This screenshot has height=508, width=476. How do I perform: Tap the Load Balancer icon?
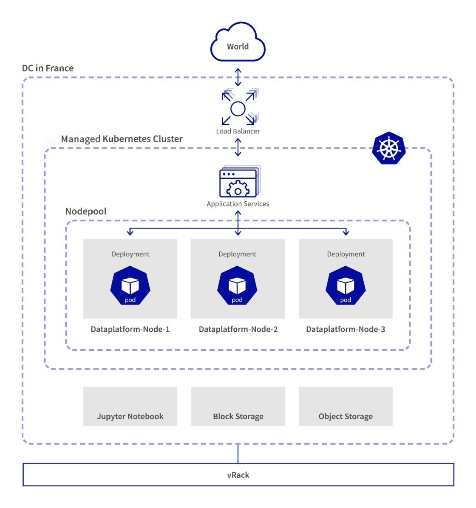click(238, 108)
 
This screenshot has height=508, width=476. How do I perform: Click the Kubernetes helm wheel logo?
click(388, 149)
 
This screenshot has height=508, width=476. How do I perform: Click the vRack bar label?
click(238, 475)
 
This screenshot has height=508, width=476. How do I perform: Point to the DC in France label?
click(48, 68)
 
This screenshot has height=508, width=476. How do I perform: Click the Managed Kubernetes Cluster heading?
click(122, 139)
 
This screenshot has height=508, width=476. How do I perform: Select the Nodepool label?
click(86, 212)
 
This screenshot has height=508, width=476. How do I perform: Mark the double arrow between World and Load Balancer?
click(238, 77)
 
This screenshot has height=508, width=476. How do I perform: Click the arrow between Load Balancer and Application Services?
click(238, 147)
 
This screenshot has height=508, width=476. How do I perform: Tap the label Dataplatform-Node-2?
click(238, 329)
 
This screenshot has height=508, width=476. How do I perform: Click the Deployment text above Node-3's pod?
click(346, 254)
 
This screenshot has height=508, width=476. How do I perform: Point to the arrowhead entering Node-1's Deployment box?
click(130, 233)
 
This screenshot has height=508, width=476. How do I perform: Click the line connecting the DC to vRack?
click(238, 454)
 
